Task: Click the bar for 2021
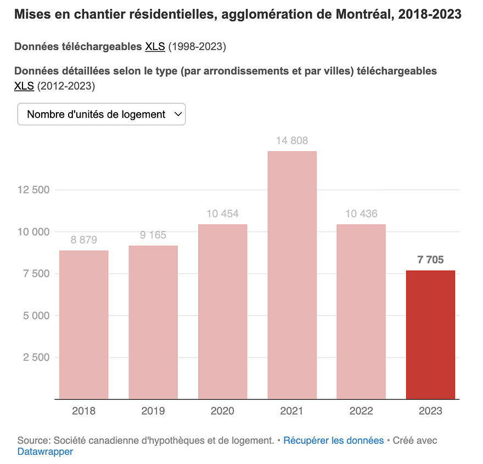click(292, 275)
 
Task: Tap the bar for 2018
click(83, 324)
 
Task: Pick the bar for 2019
click(153, 322)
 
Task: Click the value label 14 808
click(292, 141)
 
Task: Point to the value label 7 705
click(430, 260)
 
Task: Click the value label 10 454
click(222, 214)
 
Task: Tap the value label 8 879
click(83, 240)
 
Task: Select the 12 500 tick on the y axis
click(33, 190)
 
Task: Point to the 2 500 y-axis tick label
click(36, 357)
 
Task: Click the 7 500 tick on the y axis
click(36, 274)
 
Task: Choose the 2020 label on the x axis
click(222, 411)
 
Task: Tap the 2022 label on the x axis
click(361, 411)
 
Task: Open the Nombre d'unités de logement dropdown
click(102, 114)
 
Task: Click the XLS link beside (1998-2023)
click(155, 47)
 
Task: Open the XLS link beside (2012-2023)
click(24, 86)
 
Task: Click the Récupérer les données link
click(333, 440)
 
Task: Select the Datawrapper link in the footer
click(45, 452)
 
